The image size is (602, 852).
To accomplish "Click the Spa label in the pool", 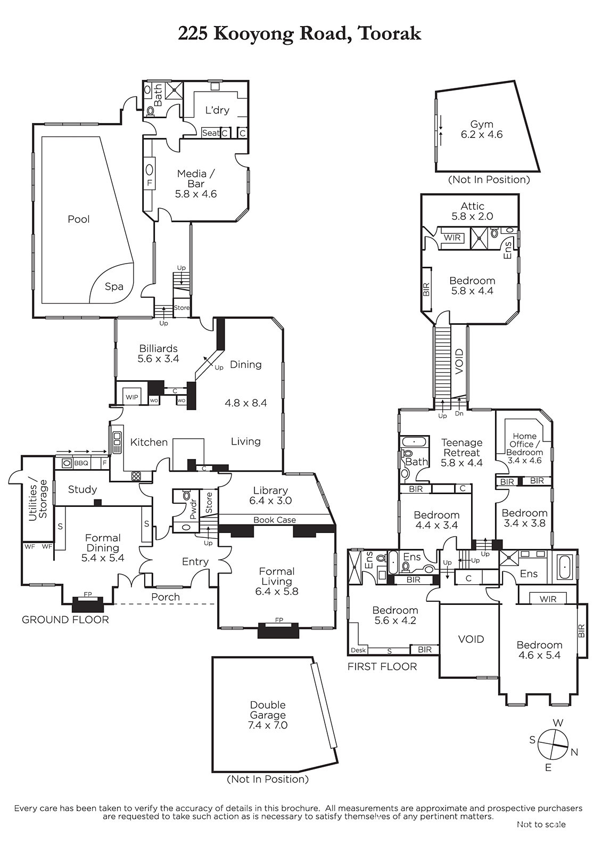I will (114, 286).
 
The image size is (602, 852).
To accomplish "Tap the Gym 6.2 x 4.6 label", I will (481, 129).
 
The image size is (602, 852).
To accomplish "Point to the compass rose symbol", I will (553, 744).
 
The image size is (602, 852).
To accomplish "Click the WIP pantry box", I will (131, 397).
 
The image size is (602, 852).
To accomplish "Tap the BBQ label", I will (81, 463).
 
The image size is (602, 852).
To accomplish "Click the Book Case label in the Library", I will (275, 520).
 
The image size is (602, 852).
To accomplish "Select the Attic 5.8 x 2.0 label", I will (472, 211).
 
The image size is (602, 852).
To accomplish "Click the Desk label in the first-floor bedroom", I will (358, 650).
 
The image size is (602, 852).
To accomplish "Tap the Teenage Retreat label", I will (461, 453).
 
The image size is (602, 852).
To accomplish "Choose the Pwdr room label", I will (193, 509).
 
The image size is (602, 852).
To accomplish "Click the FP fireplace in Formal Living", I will (279, 620).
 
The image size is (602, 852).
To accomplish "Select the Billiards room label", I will (158, 354).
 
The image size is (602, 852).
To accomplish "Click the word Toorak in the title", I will (390, 34).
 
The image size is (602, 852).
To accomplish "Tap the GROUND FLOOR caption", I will (65, 620).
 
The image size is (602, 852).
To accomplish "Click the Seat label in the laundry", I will (210, 133).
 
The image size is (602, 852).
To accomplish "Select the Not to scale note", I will (541, 824).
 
